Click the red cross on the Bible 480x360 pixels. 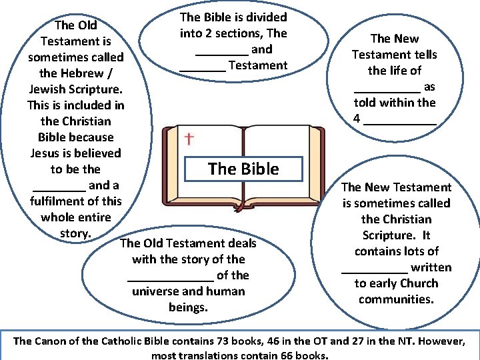(x=189, y=139)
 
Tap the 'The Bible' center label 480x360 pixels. (x=243, y=169)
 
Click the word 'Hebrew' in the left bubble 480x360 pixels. (x=86, y=73)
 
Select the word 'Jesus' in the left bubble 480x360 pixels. (x=47, y=153)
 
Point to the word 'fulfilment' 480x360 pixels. (x=57, y=201)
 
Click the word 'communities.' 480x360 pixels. (x=396, y=299)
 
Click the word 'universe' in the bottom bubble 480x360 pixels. (x=155, y=291)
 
